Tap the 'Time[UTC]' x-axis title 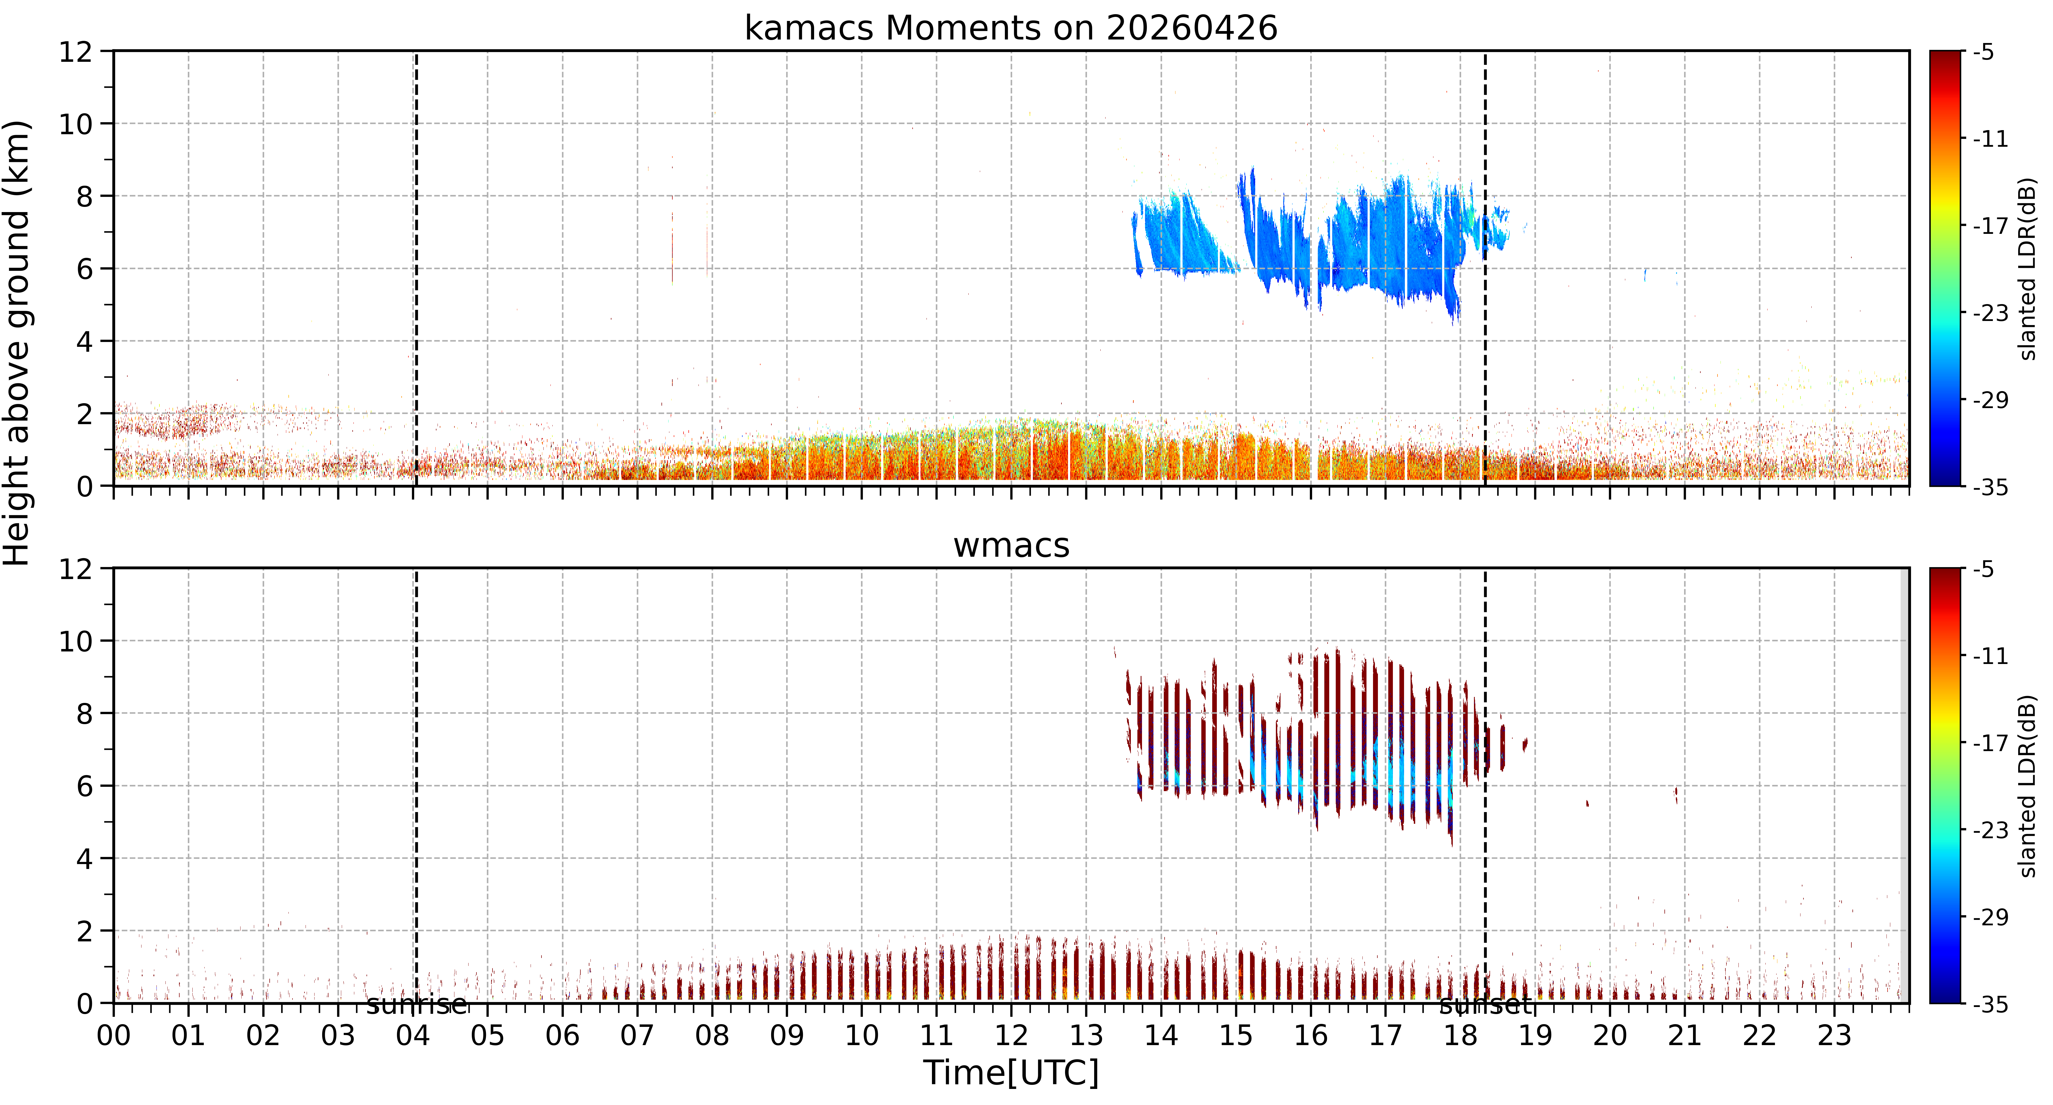(1011, 1073)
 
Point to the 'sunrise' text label (416, 1005)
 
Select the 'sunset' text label (1486, 1005)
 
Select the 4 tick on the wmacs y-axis (84, 859)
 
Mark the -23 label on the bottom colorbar (1990, 830)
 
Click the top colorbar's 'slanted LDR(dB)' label (2028, 269)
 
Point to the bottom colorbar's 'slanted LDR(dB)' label (2028, 786)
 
